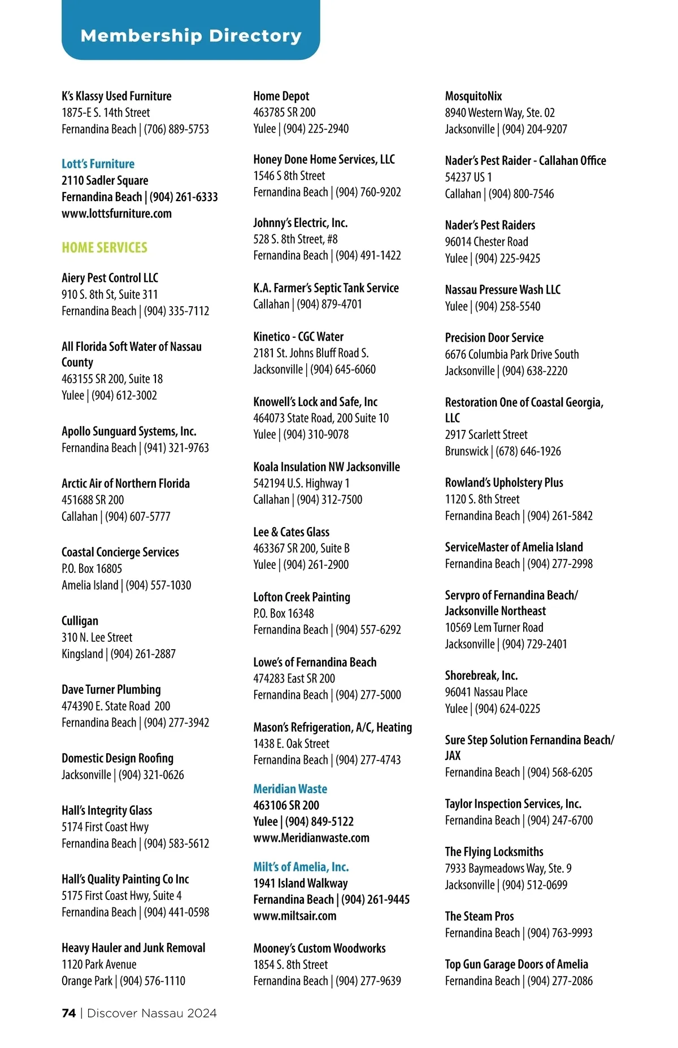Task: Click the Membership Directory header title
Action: pos(191,36)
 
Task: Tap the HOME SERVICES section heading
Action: pos(105,247)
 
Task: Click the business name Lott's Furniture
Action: pos(98,164)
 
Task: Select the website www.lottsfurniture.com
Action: pos(116,214)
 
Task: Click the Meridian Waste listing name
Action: pos(290,789)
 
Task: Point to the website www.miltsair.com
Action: pos(294,916)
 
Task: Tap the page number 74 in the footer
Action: pos(68,1013)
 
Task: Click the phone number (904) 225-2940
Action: pos(316,129)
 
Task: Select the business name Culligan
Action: pos(80,621)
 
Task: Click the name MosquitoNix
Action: pos(473,96)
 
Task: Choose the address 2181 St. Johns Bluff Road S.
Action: pos(311,353)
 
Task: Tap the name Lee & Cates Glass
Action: pos(291,532)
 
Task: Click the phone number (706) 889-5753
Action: pos(176,129)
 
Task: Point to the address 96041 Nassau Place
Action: pos(486,692)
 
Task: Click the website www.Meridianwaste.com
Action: pos(311,838)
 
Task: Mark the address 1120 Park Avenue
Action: pos(99,964)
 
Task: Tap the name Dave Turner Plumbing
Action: pos(111,689)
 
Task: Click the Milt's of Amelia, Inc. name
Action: pos(301,867)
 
